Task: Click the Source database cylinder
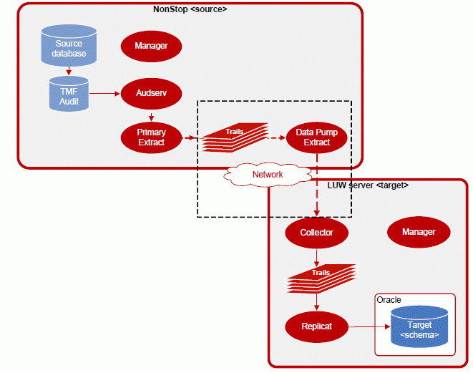pos(69,45)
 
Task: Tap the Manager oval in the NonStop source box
pos(151,47)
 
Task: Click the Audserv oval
pos(151,93)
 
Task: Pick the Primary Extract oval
pos(151,137)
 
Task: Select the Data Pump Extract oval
pos(316,137)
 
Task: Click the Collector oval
pos(316,232)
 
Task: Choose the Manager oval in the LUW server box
pos(419,232)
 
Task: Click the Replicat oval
pos(316,326)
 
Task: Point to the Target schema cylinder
pos(420,327)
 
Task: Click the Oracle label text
pos(389,300)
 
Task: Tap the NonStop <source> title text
pos(190,9)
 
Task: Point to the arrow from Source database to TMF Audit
pos(69,70)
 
